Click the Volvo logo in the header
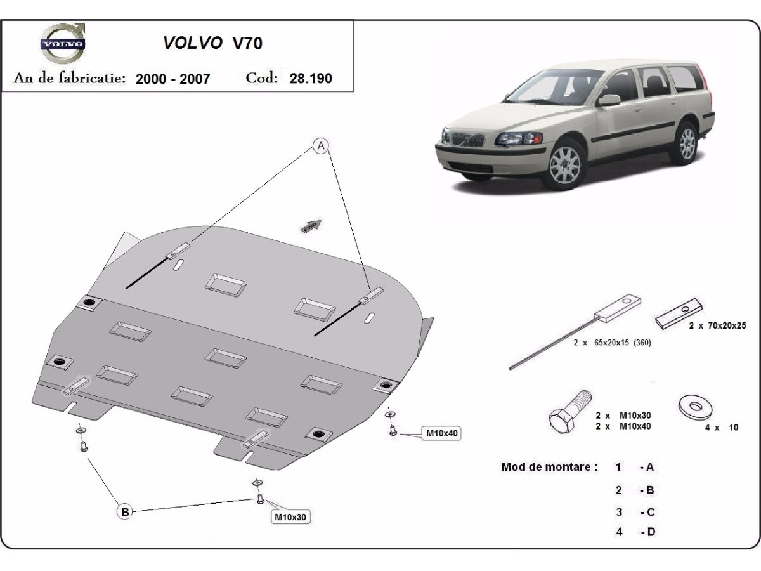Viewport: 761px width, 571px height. coord(62,44)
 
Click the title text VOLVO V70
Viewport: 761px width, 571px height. coord(212,43)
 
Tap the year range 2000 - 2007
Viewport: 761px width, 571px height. coord(172,79)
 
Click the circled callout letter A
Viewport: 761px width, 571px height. coord(322,147)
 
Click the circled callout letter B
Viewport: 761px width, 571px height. coord(125,511)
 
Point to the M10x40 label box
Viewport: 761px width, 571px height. coord(442,434)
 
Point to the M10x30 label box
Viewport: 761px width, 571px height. coord(290,517)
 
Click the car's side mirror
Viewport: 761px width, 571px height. coord(610,100)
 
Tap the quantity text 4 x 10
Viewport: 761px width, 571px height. coord(722,428)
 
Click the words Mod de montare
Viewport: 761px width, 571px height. coord(549,467)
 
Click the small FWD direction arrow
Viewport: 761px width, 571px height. coord(311,226)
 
